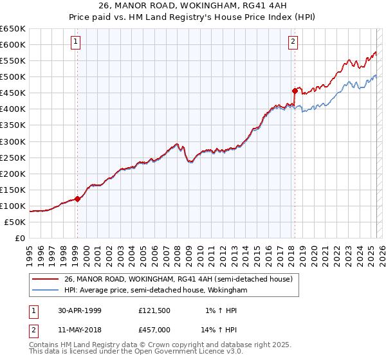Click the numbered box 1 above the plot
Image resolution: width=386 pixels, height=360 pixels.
(x=76, y=42)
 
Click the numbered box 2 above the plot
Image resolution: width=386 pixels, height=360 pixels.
(x=293, y=42)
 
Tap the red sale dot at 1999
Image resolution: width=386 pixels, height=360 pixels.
(x=78, y=199)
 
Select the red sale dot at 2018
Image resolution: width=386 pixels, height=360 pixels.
(x=295, y=91)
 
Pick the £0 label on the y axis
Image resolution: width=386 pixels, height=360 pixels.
(x=21, y=238)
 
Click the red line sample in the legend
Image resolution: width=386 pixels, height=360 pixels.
(x=46, y=279)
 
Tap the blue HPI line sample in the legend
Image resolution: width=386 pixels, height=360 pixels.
(x=46, y=290)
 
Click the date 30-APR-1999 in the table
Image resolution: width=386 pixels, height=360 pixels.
(x=79, y=310)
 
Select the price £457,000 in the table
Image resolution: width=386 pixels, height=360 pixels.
(x=155, y=330)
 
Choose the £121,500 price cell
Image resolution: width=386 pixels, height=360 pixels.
(x=155, y=310)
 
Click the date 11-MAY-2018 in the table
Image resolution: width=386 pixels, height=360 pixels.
(x=79, y=330)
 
